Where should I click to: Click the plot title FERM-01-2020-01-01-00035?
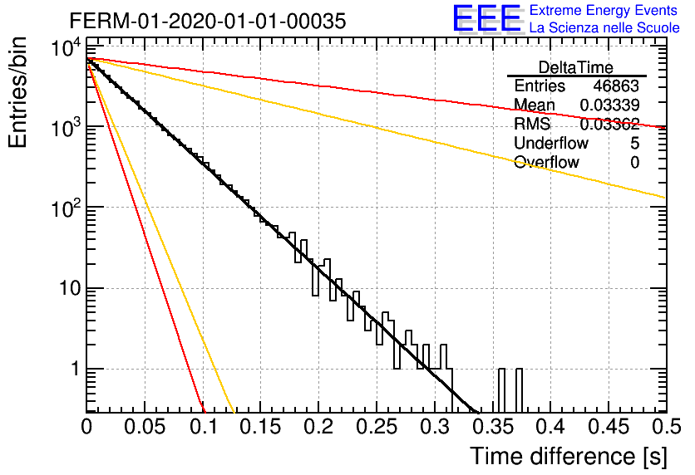[x=208, y=21]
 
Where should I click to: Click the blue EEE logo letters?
[x=486, y=18]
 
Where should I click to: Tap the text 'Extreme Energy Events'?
[x=604, y=10]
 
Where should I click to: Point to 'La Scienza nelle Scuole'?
[x=604, y=28]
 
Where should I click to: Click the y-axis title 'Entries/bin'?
[x=18, y=93]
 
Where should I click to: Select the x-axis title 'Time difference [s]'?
[x=569, y=456]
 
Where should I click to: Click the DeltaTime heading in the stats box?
[x=576, y=68]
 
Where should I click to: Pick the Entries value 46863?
[x=616, y=86]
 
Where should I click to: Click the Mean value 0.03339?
[x=609, y=105]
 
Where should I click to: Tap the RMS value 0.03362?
[x=609, y=124]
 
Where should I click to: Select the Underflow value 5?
[x=634, y=143]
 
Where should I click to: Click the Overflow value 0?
[x=634, y=163]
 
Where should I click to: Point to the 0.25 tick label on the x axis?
[x=377, y=427]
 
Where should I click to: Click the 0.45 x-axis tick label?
[x=609, y=427]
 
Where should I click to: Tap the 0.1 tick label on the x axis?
[x=204, y=427]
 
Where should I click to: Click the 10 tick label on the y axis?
[x=71, y=288]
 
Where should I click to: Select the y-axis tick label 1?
[x=76, y=369]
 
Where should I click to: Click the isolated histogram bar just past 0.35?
[x=501, y=390]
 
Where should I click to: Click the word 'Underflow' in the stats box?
[x=551, y=143]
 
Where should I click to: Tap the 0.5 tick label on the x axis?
[x=667, y=427]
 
